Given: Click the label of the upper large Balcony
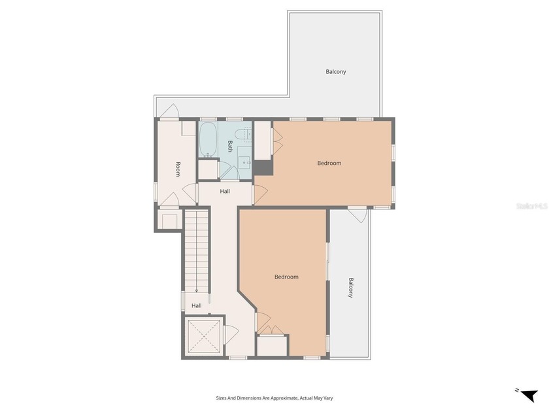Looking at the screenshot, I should point(335,71).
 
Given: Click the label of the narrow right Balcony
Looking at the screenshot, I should point(351,288).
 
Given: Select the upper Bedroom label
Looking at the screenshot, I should point(329,163).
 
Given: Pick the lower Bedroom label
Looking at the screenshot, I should point(286,277).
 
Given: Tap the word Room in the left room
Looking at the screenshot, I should point(177,169).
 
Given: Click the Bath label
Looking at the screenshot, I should point(229,146).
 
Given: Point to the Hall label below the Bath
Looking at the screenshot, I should point(224,192).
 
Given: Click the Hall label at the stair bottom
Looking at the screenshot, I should point(196,305).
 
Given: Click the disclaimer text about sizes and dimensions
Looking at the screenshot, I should point(274,397).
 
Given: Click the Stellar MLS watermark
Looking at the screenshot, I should point(531,205).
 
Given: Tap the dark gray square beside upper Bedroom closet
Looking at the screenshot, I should point(263,168).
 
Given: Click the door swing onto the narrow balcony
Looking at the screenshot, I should point(357,214).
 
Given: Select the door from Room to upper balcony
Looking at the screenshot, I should point(168,112).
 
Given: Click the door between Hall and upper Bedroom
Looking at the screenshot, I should point(259,194).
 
